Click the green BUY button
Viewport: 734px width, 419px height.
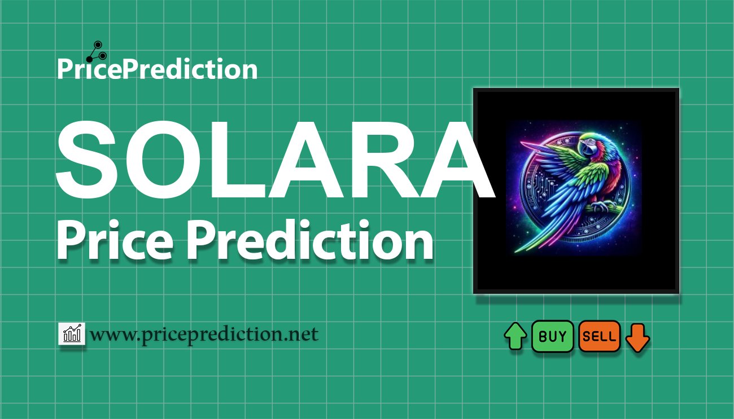point(552,337)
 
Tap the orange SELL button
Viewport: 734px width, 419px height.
point(599,337)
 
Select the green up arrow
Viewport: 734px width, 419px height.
point(515,337)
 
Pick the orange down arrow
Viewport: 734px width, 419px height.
point(638,337)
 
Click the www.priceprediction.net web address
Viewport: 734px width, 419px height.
point(204,334)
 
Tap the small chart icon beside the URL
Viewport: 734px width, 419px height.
point(72,334)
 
